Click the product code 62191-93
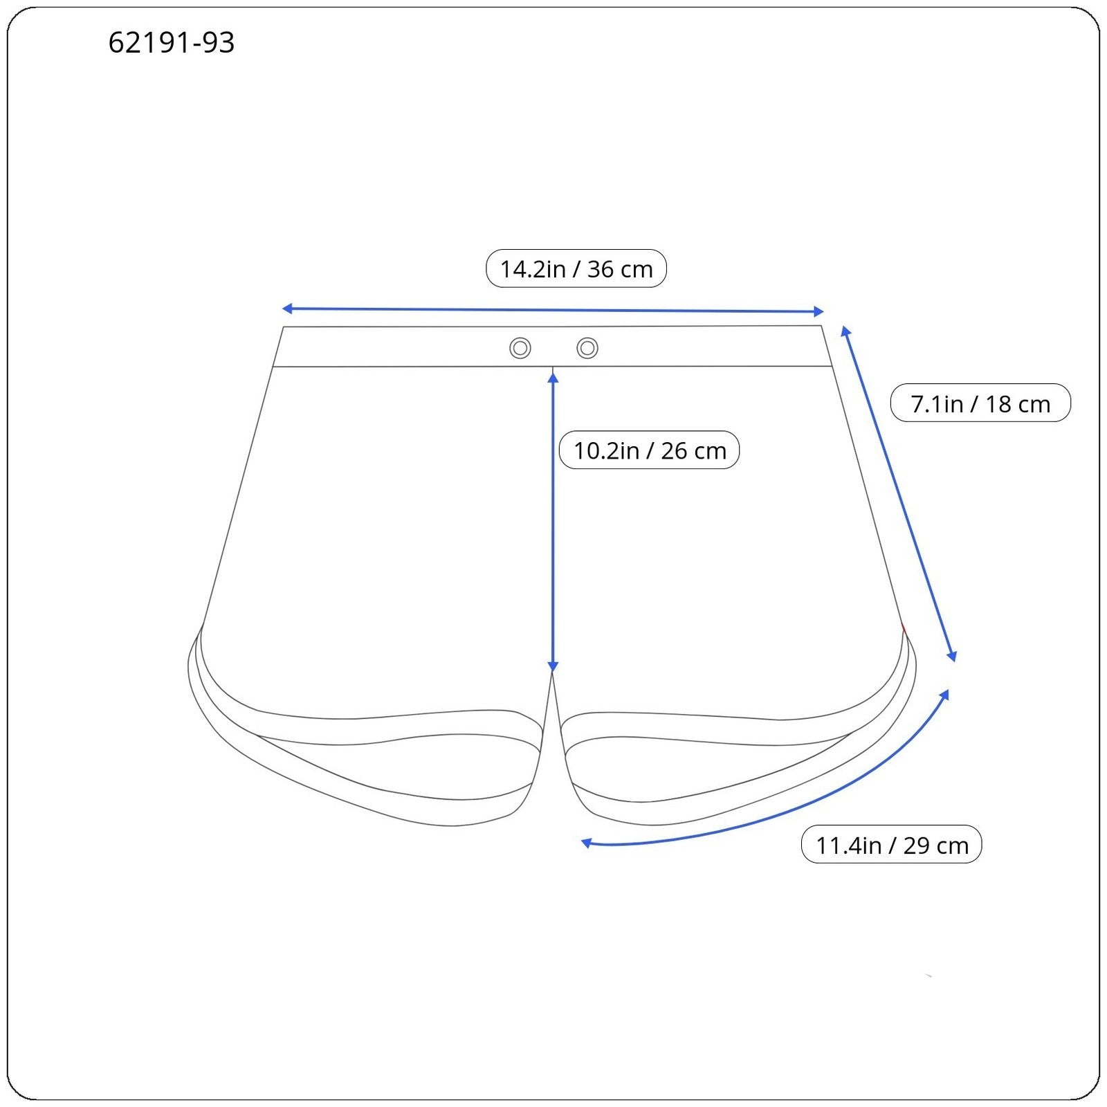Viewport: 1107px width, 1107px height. click(x=172, y=43)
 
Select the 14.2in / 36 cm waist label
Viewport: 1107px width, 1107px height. click(x=576, y=268)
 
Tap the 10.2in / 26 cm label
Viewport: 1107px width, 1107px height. click(x=650, y=450)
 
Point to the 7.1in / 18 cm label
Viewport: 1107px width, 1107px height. click(x=980, y=403)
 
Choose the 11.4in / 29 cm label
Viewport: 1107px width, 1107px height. click(x=892, y=845)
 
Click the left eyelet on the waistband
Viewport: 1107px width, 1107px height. click(x=520, y=348)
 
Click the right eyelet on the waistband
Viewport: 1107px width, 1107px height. click(x=587, y=348)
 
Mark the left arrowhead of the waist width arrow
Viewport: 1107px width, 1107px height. click(x=286, y=309)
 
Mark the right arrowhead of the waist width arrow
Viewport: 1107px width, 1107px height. click(x=819, y=311)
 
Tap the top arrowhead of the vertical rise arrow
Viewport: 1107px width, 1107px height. click(x=553, y=377)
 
